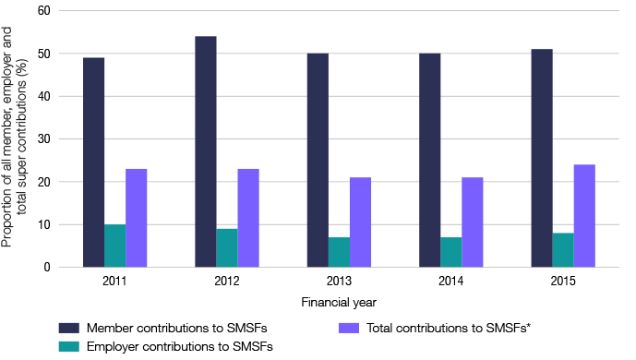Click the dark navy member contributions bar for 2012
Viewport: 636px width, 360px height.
tap(205, 152)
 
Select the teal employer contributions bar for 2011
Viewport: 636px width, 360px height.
tap(114, 246)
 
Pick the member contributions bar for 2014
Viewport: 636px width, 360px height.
tap(429, 161)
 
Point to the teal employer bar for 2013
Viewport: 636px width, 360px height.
tap(339, 252)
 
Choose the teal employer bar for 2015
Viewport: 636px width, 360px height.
tap(562, 250)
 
